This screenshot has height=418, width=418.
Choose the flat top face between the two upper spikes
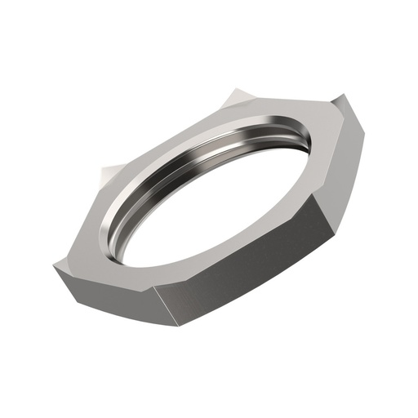[x=163, y=139]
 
